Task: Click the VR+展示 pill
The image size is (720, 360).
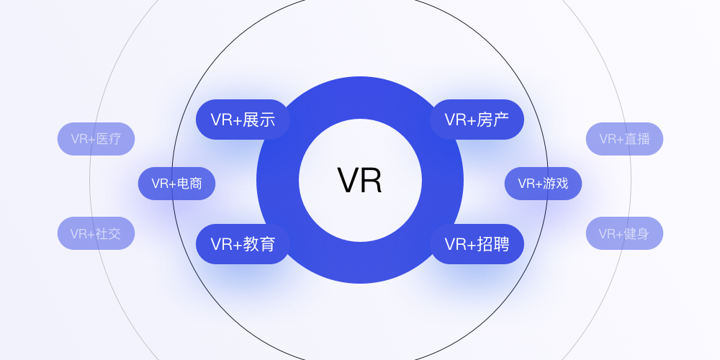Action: (x=243, y=120)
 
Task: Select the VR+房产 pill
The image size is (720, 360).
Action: (x=477, y=120)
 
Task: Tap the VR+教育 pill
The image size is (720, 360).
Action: (x=243, y=244)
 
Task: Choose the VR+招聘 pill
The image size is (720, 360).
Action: (x=477, y=244)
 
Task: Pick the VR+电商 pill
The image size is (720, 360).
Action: (x=176, y=184)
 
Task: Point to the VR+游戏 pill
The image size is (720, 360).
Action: (x=543, y=184)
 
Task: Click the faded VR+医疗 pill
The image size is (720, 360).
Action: (x=96, y=139)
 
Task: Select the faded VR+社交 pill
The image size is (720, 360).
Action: (x=96, y=233)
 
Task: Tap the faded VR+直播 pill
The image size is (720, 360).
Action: (x=624, y=139)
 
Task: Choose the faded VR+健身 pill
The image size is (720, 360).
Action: (x=624, y=233)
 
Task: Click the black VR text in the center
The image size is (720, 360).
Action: (x=359, y=181)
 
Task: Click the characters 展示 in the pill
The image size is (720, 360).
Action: (x=259, y=120)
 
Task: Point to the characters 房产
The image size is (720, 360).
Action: (x=493, y=120)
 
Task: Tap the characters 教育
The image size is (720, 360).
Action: (x=259, y=244)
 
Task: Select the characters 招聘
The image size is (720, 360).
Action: (x=493, y=244)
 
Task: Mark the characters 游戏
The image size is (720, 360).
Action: (x=556, y=184)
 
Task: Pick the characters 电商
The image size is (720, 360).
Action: (x=189, y=184)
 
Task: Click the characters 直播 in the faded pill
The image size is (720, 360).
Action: (x=637, y=139)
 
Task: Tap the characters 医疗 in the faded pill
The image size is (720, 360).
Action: (x=109, y=139)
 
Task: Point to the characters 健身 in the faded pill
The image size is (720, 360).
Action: (x=637, y=233)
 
